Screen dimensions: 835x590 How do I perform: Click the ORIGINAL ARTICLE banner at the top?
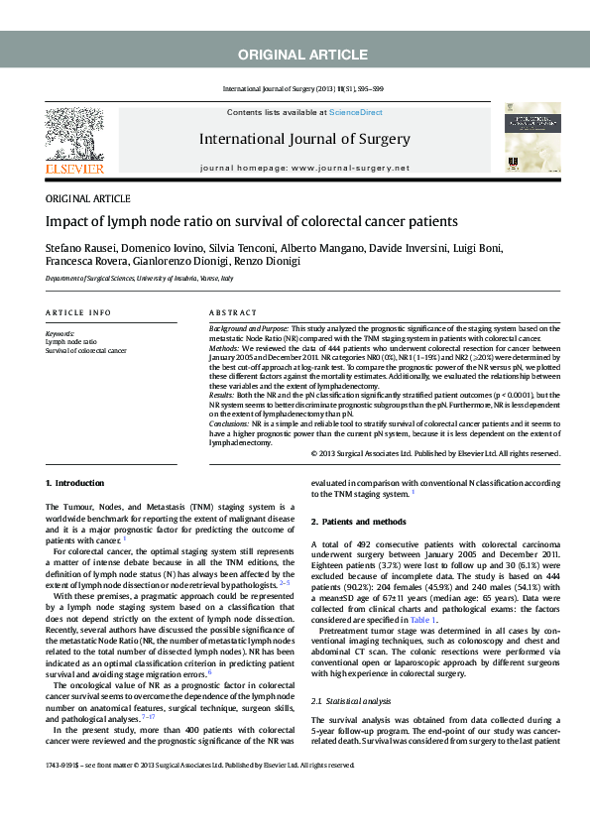tap(295, 54)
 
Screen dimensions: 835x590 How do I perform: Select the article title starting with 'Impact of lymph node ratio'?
tap(252, 221)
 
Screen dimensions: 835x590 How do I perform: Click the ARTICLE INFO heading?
tap(78, 312)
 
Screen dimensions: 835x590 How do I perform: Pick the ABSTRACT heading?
tap(233, 312)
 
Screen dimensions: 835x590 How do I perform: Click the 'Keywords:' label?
tap(60, 334)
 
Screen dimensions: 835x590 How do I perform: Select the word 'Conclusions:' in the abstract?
tap(229, 422)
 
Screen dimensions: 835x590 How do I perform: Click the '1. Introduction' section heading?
tap(74, 483)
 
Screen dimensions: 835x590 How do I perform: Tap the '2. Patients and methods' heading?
tap(359, 522)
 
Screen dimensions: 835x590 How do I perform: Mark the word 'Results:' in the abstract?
tap(222, 395)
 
